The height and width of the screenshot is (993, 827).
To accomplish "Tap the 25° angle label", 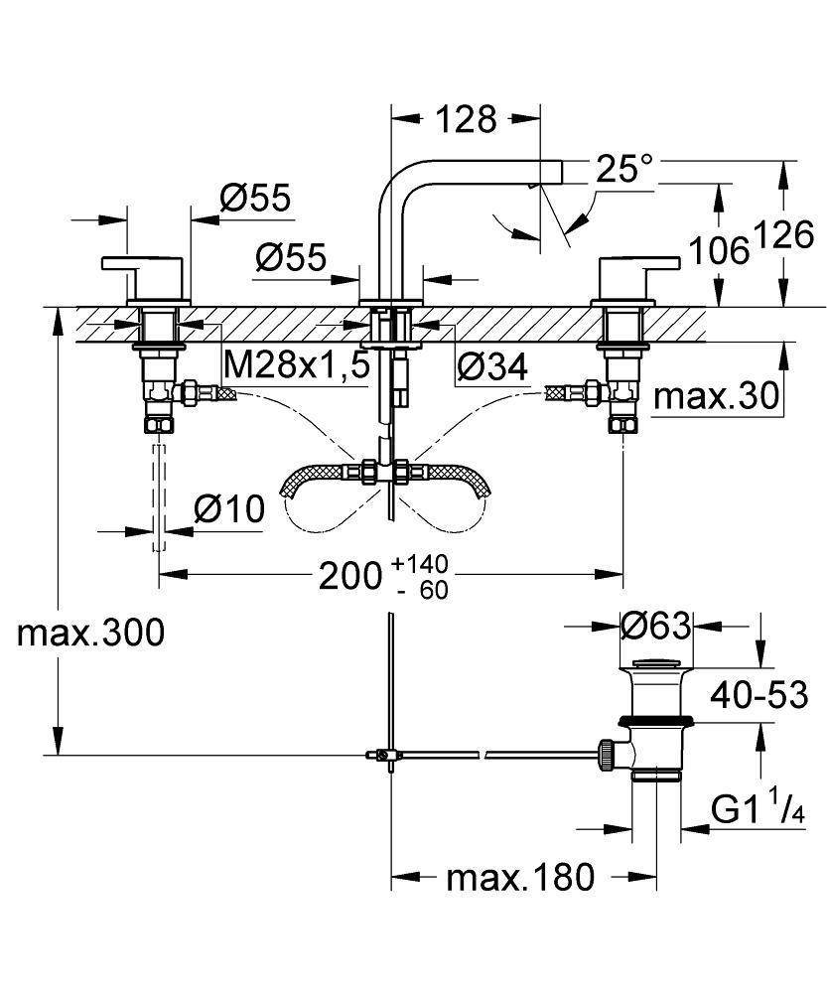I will (x=624, y=169).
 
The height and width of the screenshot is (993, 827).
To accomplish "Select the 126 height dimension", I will (x=784, y=235).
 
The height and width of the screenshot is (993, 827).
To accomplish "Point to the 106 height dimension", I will (x=721, y=250).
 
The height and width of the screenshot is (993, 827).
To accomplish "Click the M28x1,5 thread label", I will (x=297, y=365).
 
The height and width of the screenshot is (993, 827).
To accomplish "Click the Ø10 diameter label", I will (x=230, y=510).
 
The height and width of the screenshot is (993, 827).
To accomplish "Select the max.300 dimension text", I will (x=90, y=633).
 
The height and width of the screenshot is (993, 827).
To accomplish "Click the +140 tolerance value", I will (x=420, y=564).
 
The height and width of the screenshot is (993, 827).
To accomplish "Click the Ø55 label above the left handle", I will (x=255, y=200).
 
